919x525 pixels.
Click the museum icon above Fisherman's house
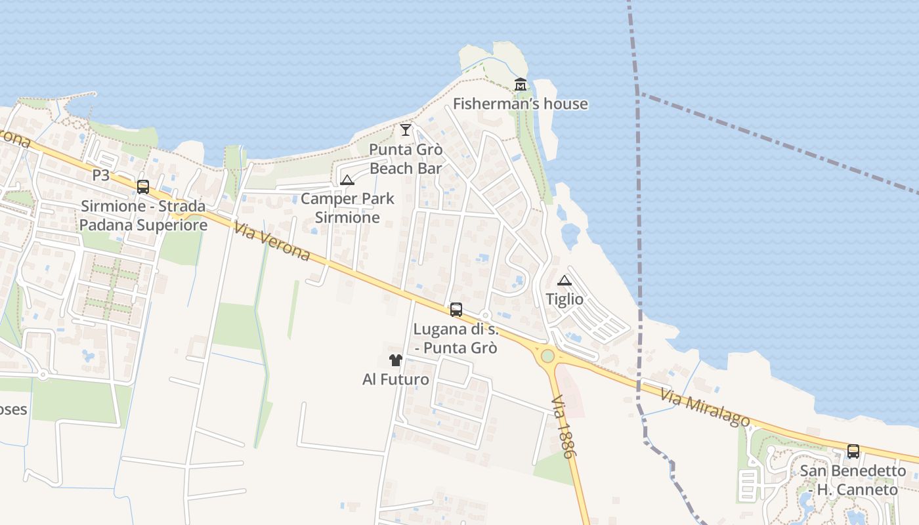point(521,84)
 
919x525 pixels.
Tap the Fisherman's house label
point(521,104)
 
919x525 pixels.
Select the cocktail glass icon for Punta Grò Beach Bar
point(406,129)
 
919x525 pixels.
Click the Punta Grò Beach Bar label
point(406,159)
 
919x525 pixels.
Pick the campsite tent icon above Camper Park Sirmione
point(347,180)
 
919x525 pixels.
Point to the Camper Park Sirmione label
point(347,207)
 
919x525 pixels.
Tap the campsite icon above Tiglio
point(565,280)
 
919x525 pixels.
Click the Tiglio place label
point(565,299)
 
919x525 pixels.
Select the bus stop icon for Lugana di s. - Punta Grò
point(456,310)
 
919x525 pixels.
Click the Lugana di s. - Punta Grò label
point(456,338)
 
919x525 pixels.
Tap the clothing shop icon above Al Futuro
point(396,360)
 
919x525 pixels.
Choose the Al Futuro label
point(396,379)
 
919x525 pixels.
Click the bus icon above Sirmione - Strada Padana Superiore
point(143,186)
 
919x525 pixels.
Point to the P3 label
point(101,175)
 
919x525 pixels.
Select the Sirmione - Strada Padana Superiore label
point(144,215)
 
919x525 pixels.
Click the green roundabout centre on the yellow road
point(547,356)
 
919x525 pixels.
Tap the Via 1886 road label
point(564,427)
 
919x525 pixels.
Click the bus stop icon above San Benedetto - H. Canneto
point(853,451)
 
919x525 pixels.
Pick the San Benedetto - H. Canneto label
point(853,480)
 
